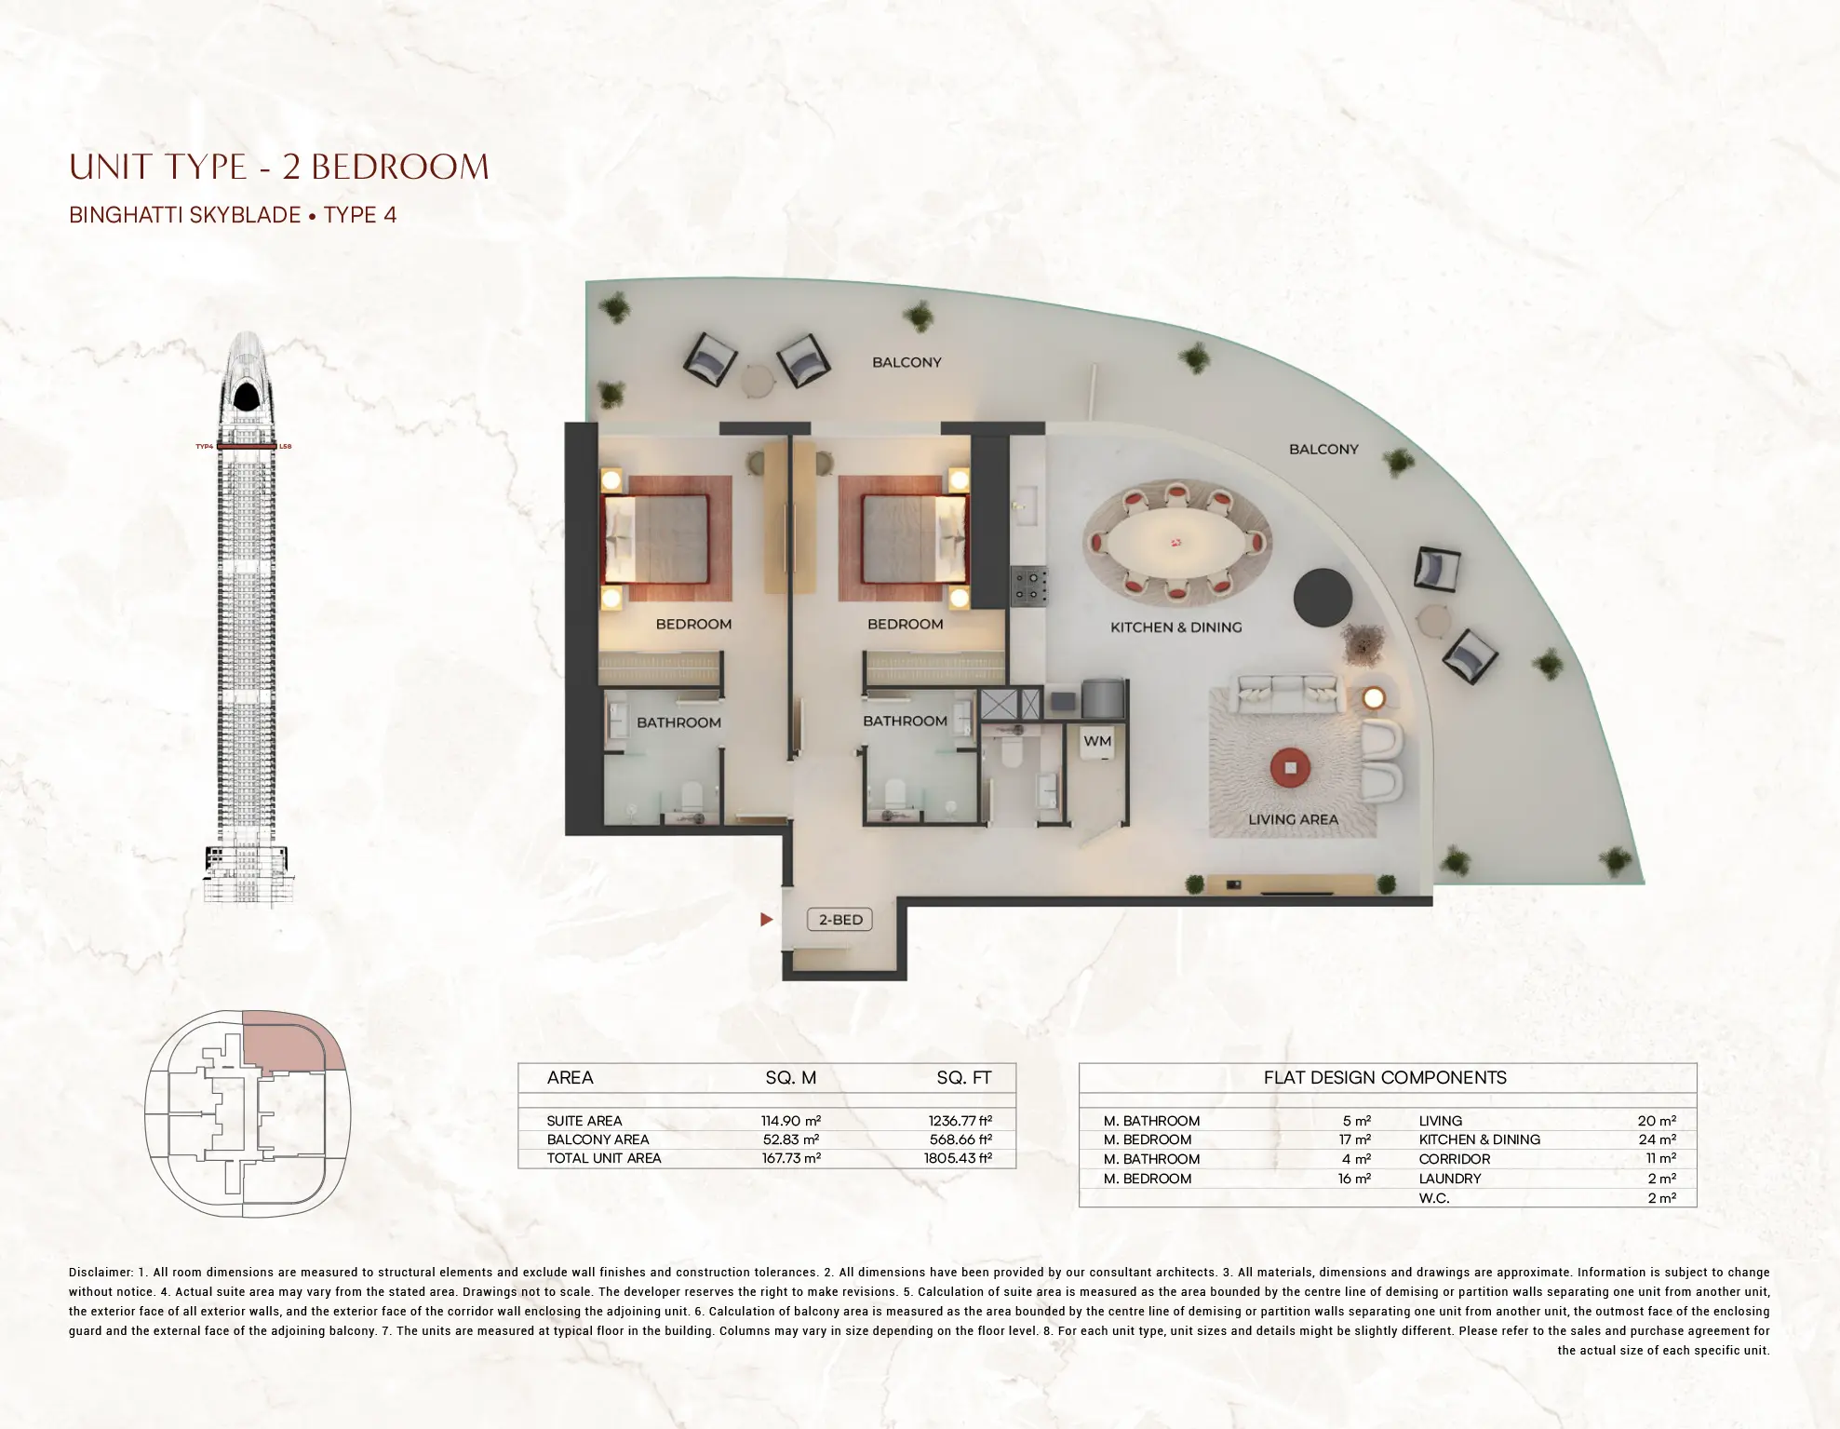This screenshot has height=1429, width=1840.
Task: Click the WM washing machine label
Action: tap(1097, 741)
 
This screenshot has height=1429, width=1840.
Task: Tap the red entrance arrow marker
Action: tap(766, 920)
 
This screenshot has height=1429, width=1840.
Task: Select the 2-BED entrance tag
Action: tap(840, 920)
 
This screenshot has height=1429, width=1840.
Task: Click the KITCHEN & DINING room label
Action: tap(1175, 627)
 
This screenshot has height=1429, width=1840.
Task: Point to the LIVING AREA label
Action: tap(1293, 819)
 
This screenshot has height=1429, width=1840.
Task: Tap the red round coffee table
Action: tap(1290, 767)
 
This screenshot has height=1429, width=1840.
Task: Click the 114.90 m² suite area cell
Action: tap(790, 1121)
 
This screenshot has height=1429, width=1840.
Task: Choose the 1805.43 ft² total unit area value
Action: tap(960, 1158)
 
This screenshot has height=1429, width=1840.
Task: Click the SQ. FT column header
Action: tap(963, 1078)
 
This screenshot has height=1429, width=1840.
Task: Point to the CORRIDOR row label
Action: tap(1454, 1159)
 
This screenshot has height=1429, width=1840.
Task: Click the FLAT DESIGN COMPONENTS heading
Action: tap(1385, 1078)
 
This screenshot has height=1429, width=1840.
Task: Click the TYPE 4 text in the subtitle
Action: tap(359, 215)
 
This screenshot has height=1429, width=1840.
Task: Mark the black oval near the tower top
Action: tap(247, 398)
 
